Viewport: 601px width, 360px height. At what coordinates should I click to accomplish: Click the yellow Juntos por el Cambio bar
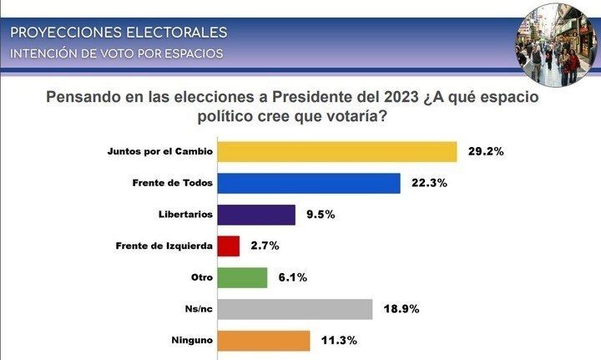coord(336,152)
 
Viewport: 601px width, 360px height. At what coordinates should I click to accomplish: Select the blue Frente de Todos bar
coord(308,183)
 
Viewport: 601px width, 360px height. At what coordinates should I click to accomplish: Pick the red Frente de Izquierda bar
coord(228,246)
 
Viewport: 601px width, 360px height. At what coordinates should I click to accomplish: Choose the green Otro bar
coord(241,277)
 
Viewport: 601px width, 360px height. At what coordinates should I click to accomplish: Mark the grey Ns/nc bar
coord(294,309)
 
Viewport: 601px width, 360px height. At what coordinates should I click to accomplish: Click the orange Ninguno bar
coord(263,340)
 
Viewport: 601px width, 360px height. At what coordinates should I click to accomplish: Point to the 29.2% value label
coord(486,152)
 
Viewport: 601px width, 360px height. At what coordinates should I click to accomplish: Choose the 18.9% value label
coord(401,309)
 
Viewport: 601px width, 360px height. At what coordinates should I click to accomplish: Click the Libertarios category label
coord(186,215)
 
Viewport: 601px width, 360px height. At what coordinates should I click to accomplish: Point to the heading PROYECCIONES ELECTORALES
coord(118,33)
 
